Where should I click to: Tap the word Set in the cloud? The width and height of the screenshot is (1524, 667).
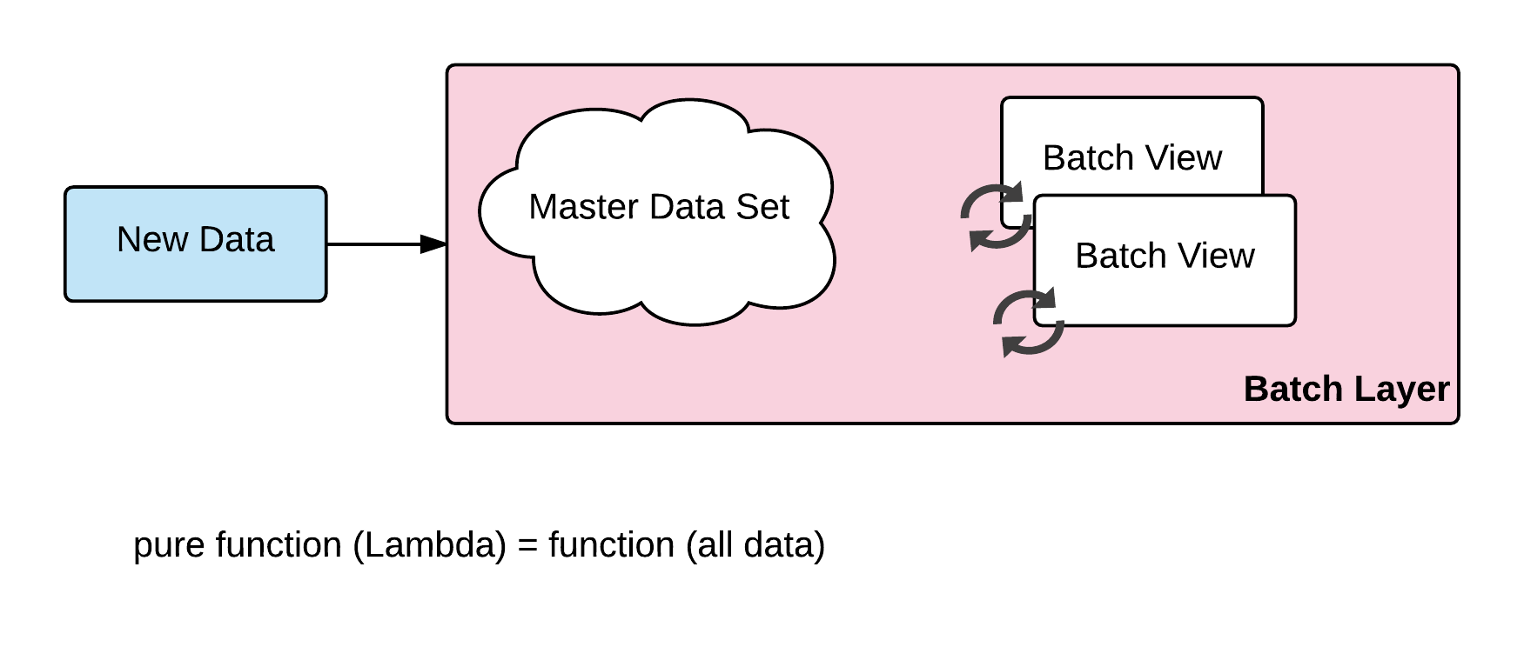pyautogui.click(x=767, y=207)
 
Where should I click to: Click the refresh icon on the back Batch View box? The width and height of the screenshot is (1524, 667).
pyautogui.click(x=996, y=217)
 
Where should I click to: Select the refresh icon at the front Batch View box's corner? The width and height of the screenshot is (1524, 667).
pyautogui.click(x=1029, y=322)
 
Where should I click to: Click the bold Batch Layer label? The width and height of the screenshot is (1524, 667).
pyautogui.click(x=1346, y=389)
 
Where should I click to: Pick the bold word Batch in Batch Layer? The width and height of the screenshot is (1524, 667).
pyautogui.click(x=1292, y=389)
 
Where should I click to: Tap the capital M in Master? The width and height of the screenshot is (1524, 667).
pyautogui.click(x=541, y=207)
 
